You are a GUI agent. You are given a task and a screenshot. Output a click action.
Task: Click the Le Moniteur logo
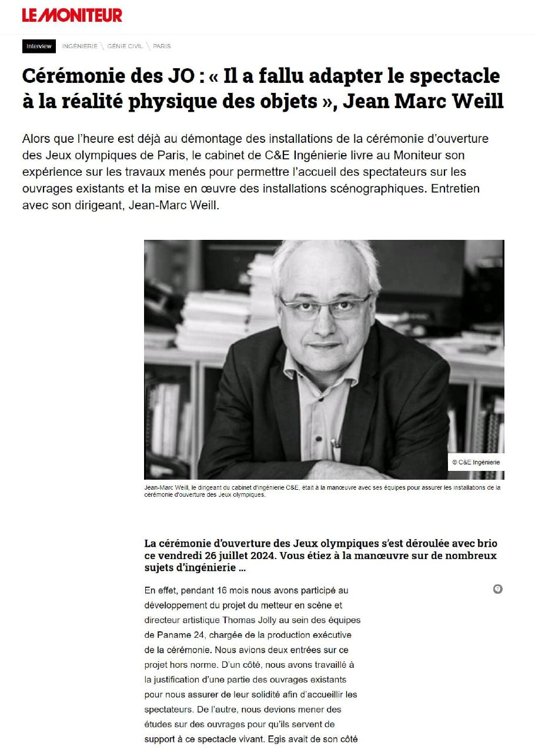point(72,15)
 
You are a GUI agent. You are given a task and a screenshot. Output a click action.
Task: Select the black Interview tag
point(39,46)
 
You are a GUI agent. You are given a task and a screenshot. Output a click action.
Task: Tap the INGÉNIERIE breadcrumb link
point(79,46)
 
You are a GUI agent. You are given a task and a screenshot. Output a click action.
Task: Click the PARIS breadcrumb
point(162,46)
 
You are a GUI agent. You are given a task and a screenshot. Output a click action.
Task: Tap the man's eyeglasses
point(325,306)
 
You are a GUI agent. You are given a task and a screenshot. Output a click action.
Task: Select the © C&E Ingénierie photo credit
point(476,462)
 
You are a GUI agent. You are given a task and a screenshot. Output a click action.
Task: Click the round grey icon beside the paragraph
point(497,589)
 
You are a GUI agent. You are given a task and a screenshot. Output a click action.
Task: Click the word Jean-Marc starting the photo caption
point(159,487)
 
